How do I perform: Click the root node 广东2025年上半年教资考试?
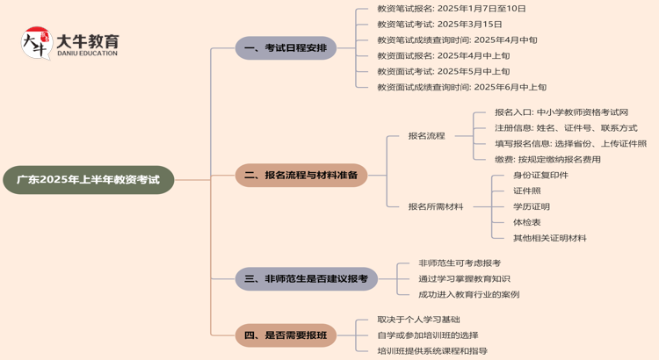[88, 179]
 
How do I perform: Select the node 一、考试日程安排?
[286, 48]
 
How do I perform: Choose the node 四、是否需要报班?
[286, 335]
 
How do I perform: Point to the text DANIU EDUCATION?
[86, 54]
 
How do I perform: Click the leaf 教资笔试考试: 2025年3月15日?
[439, 24]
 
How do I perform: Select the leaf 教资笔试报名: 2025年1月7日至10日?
[452, 8]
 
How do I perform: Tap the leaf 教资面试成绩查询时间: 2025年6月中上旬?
[461, 87]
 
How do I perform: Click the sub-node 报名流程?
[426, 136]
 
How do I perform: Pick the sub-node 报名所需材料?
[435, 206]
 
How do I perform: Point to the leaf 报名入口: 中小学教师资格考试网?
[561, 112]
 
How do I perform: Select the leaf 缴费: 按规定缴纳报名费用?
[547, 160]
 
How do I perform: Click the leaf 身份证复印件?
[540, 175]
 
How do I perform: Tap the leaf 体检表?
[527, 222]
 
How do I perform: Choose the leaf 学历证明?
[532, 206]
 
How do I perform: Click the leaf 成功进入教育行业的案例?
[468, 294]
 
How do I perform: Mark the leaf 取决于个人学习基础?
[418, 320]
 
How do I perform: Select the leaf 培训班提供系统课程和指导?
[432, 350]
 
